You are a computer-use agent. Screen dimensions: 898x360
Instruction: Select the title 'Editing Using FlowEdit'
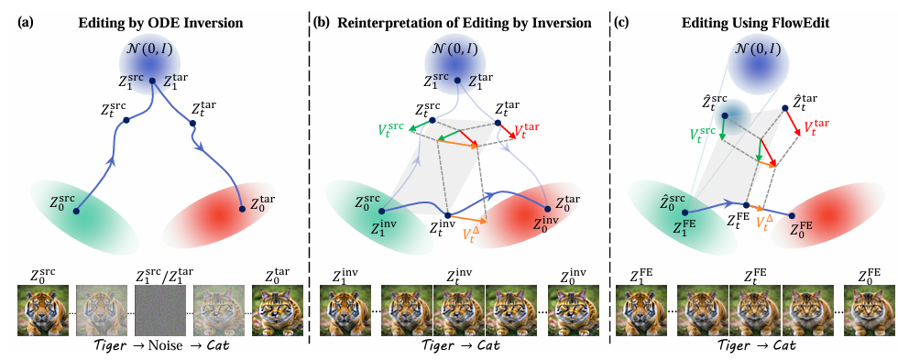coord(753,24)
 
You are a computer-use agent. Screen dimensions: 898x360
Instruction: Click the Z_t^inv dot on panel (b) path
coord(448,216)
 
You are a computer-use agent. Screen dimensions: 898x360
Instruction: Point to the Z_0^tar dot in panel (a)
coord(242,210)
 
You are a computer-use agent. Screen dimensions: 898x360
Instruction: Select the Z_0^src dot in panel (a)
coord(76,211)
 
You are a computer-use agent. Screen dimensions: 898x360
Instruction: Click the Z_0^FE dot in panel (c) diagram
coord(792,216)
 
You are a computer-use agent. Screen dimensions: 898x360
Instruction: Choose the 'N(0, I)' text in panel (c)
coord(759,49)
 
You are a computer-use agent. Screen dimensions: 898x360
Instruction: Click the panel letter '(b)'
coord(322,24)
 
